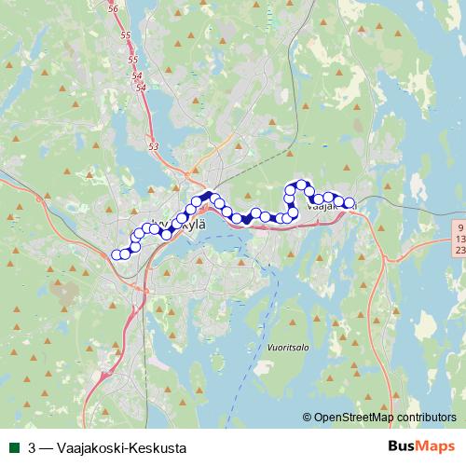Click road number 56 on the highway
(114, 7)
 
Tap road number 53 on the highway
(154, 146)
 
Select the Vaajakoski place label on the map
(331, 207)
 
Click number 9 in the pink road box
(459, 227)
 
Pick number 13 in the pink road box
(459, 240)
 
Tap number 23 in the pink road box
(459, 251)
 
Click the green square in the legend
(13, 447)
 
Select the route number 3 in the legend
(33, 447)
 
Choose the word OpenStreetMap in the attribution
(353, 418)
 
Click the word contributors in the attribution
(425, 418)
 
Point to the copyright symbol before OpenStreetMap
(307, 418)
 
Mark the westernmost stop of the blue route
(116, 254)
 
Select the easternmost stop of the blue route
(350, 203)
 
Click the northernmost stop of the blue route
(302, 185)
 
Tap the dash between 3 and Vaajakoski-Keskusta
(46, 447)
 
